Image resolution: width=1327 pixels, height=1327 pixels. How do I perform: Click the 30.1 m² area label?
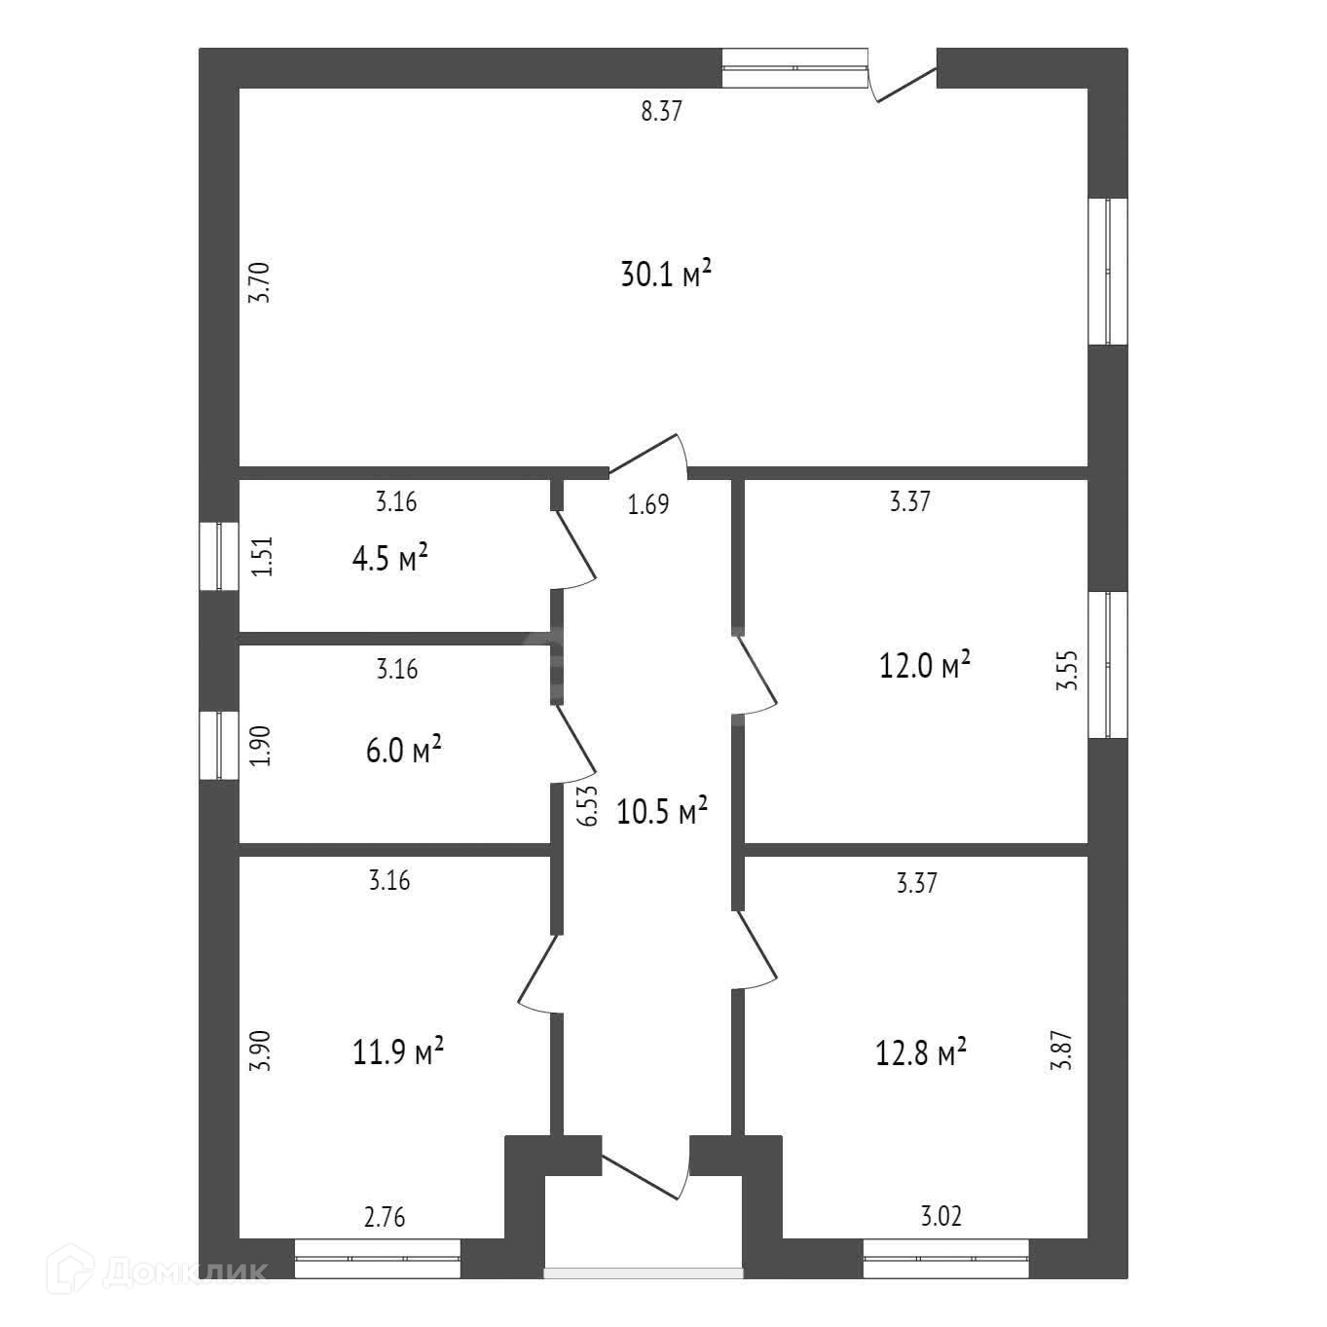point(666,274)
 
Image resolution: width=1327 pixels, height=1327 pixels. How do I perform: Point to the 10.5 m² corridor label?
point(662,811)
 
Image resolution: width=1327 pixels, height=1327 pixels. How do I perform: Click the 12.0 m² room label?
point(925,666)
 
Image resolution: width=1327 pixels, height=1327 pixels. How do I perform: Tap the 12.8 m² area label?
point(921,1052)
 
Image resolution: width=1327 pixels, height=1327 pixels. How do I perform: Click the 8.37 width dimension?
point(661,111)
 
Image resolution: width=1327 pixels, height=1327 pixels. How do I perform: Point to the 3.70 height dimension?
point(258,283)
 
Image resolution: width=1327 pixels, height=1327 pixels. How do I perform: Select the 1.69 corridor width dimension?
point(648,505)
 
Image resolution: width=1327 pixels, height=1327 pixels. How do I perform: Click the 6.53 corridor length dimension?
point(586,807)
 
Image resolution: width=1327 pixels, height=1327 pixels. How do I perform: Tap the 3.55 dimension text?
point(1068,671)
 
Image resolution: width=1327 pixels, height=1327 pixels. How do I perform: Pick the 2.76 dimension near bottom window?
point(384,1217)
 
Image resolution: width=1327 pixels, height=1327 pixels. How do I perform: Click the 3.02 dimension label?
point(940,1217)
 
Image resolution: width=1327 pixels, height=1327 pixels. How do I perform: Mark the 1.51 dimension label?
point(261,558)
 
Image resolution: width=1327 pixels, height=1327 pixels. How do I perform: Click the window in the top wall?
point(794,68)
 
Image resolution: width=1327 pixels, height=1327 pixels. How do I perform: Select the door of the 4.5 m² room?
point(573,550)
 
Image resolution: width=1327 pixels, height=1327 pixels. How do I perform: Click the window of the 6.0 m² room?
point(219,746)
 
